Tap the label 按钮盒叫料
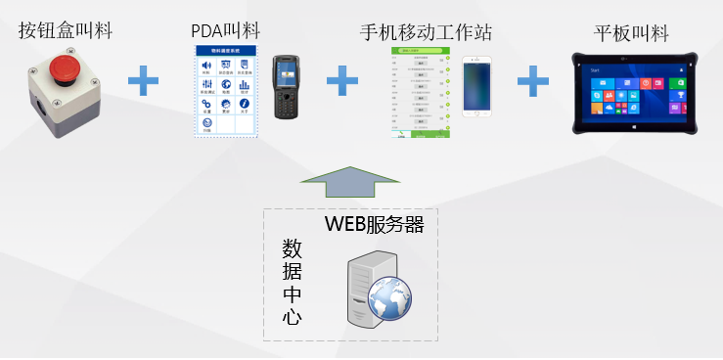[x=65, y=31]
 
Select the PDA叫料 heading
[x=228, y=31]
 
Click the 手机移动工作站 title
[x=426, y=31]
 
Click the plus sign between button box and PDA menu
[x=143, y=81]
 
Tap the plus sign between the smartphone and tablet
[x=532, y=81]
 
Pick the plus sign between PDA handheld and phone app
[x=341, y=81]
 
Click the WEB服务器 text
[x=374, y=226]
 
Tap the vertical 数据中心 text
[x=292, y=281]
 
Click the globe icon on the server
[x=389, y=294]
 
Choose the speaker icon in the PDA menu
[x=205, y=67]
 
